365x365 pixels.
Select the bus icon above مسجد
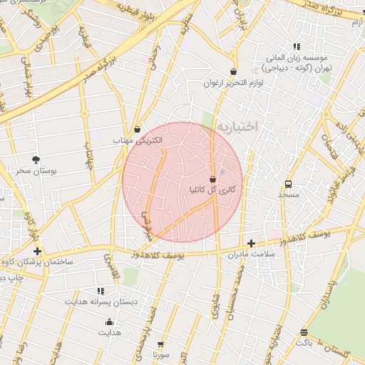(288, 184)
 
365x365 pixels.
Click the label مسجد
(288, 195)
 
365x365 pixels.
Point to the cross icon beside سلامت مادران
(251, 244)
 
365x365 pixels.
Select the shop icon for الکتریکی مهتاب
(137, 130)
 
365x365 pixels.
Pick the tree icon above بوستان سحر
(36, 160)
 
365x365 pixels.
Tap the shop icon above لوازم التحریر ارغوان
(234, 72)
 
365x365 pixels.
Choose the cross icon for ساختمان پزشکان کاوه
(36, 252)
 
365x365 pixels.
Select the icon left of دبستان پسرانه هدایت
(101, 291)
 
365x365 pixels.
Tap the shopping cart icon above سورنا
(161, 344)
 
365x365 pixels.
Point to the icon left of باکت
(304, 332)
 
